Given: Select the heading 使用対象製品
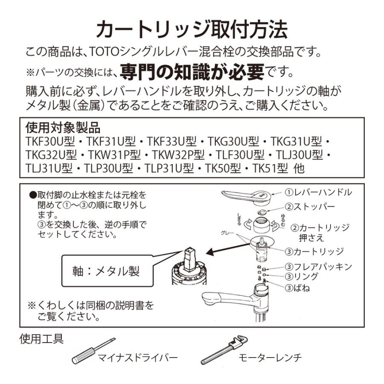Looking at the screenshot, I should click(x=63, y=128).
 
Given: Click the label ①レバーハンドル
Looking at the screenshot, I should click(x=318, y=192).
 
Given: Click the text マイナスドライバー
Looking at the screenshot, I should click(x=137, y=358).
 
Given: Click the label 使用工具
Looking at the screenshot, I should click(x=42, y=340).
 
